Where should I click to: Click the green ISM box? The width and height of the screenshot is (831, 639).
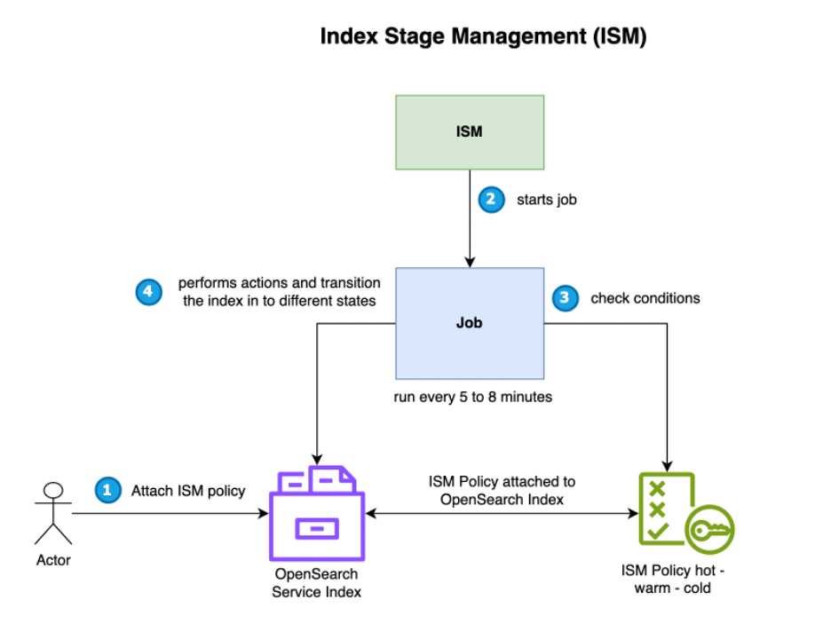469,131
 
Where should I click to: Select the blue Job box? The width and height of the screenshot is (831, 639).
469,323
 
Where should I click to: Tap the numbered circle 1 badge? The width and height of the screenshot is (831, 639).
107,490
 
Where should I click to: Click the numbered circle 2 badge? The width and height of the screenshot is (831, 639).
489,200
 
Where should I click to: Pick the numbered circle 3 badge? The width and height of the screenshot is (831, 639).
564,298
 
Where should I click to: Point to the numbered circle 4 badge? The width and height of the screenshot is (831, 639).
148,291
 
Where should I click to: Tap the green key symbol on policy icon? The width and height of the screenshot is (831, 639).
709,529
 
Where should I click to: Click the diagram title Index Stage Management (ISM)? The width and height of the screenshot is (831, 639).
483,36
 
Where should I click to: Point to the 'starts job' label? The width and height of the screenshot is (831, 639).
547,200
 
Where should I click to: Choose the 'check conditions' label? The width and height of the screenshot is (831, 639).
645,298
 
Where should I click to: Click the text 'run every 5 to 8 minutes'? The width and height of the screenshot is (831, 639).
472,397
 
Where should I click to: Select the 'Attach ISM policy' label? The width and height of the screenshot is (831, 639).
188,490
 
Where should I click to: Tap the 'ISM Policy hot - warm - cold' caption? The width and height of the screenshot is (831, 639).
679,579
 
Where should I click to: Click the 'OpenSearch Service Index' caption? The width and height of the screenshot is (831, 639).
317,583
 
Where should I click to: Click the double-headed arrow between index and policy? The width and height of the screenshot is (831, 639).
502,513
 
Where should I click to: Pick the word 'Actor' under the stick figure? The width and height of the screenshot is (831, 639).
53,560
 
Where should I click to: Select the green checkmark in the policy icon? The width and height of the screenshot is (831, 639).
658,532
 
